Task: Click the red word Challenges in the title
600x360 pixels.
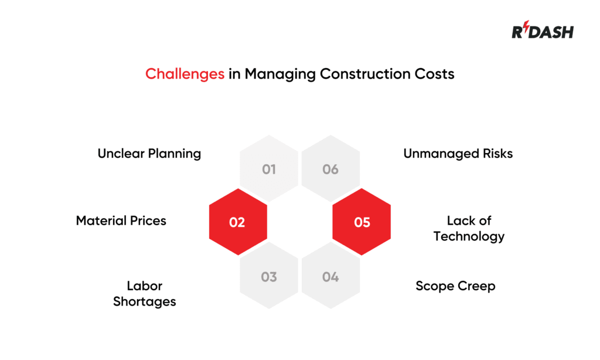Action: (x=185, y=74)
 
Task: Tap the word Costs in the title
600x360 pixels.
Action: (x=435, y=74)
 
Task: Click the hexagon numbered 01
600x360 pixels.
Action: (x=269, y=169)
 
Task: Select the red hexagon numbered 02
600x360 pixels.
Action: (x=237, y=222)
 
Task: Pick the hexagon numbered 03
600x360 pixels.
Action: (x=269, y=277)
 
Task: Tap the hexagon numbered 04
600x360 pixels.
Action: (x=330, y=277)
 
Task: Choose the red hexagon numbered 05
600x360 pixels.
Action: (x=362, y=222)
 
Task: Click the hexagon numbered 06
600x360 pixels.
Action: (x=330, y=169)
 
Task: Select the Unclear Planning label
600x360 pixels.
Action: (x=149, y=154)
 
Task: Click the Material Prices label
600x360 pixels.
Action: (x=121, y=221)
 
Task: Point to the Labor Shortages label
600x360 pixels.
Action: (x=145, y=294)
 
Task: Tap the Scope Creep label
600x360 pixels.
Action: (x=455, y=286)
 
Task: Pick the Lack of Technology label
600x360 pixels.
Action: (x=469, y=229)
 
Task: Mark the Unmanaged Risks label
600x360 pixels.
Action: (x=458, y=154)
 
